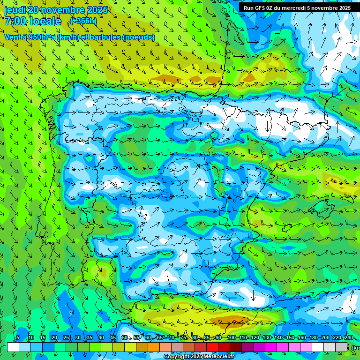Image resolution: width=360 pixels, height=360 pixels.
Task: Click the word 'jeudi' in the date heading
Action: [x=15, y=10]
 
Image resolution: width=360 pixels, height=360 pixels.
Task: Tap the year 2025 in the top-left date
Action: [x=97, y=10]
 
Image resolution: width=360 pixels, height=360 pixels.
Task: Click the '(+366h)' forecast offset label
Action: [x=83, y=21]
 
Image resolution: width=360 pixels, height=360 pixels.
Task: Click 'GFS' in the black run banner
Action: [x=263, y=8]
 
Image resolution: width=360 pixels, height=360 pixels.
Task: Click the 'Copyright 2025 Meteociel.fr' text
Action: [x=198, y=357]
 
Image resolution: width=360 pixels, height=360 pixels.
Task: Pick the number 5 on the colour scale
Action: [x=17, y=337]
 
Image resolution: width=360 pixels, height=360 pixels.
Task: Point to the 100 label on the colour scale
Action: [x=231, y=337]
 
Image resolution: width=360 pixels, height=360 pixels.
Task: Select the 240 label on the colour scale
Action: [x=348, y=337]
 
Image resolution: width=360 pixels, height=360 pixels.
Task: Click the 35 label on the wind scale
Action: [x=90, y=337]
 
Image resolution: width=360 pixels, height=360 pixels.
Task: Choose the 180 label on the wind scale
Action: [x=313, y=337]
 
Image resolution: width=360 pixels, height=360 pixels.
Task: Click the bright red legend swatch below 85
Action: [x=212, y=347]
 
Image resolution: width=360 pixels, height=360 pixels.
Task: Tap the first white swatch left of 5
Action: [x=13, y=347]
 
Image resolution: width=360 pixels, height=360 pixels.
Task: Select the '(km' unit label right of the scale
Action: [x=356, y=348]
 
